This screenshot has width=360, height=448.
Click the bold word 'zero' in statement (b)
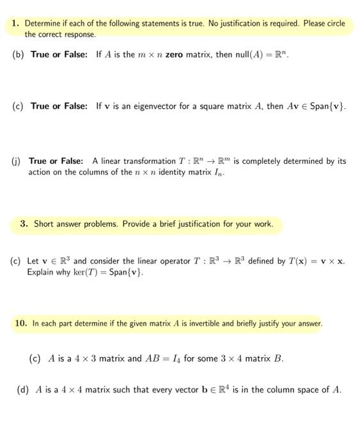point(175,54)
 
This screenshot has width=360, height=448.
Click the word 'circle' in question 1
point(333,24)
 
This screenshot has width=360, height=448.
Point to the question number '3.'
point(24,224)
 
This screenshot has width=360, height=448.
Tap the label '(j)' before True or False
point(17,161)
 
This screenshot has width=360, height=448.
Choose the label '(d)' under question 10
point(24,389)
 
